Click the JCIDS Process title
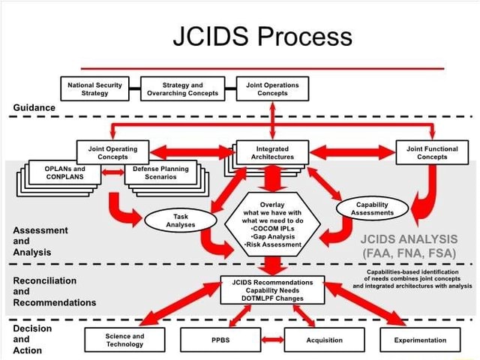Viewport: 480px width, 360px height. tap(262, 35)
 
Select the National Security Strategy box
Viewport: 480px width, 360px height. tap(94, 89)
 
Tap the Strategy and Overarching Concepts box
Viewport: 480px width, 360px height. tap(182, 89)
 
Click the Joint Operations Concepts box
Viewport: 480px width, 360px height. tap(272, 89)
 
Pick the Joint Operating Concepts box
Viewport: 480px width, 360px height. tap(112, 153)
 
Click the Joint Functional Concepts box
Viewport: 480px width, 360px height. tap(432, 153)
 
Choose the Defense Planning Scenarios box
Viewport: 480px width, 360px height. tap(161, 173)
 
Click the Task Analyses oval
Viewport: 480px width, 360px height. tap(180, 220)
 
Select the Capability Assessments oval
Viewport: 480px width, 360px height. tap(372, 209)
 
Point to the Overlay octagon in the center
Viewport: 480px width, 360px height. tap(272, 223)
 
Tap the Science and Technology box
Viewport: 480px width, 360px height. tap(124, 340)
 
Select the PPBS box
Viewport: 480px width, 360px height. tap(220, 340)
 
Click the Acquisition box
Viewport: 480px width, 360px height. tap(324, 340)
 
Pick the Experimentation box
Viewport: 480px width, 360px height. tap(420, 340)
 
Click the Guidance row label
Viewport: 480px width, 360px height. tap(34, 107)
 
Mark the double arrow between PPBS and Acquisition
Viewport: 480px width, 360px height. tap(272, 340)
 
